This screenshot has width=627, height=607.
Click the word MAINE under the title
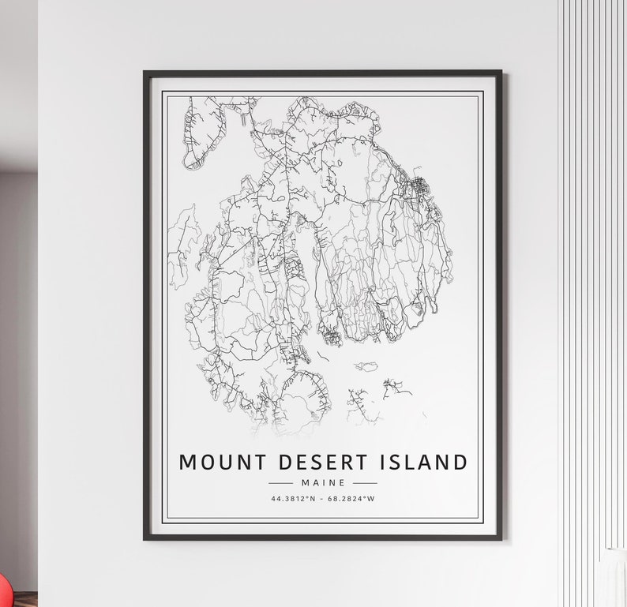[322, 482]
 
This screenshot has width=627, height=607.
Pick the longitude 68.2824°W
[351, 498]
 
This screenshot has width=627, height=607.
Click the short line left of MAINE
[280, 482]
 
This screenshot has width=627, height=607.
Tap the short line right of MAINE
[364, 482]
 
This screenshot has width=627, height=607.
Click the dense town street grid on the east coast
[416, 189]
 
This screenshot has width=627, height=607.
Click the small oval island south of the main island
[366, 367]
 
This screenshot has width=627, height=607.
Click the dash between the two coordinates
[322, 498]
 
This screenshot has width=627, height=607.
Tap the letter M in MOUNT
[188, 462]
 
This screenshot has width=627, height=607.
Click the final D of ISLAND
[460, 462]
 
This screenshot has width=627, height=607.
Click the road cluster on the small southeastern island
[395, 388]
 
